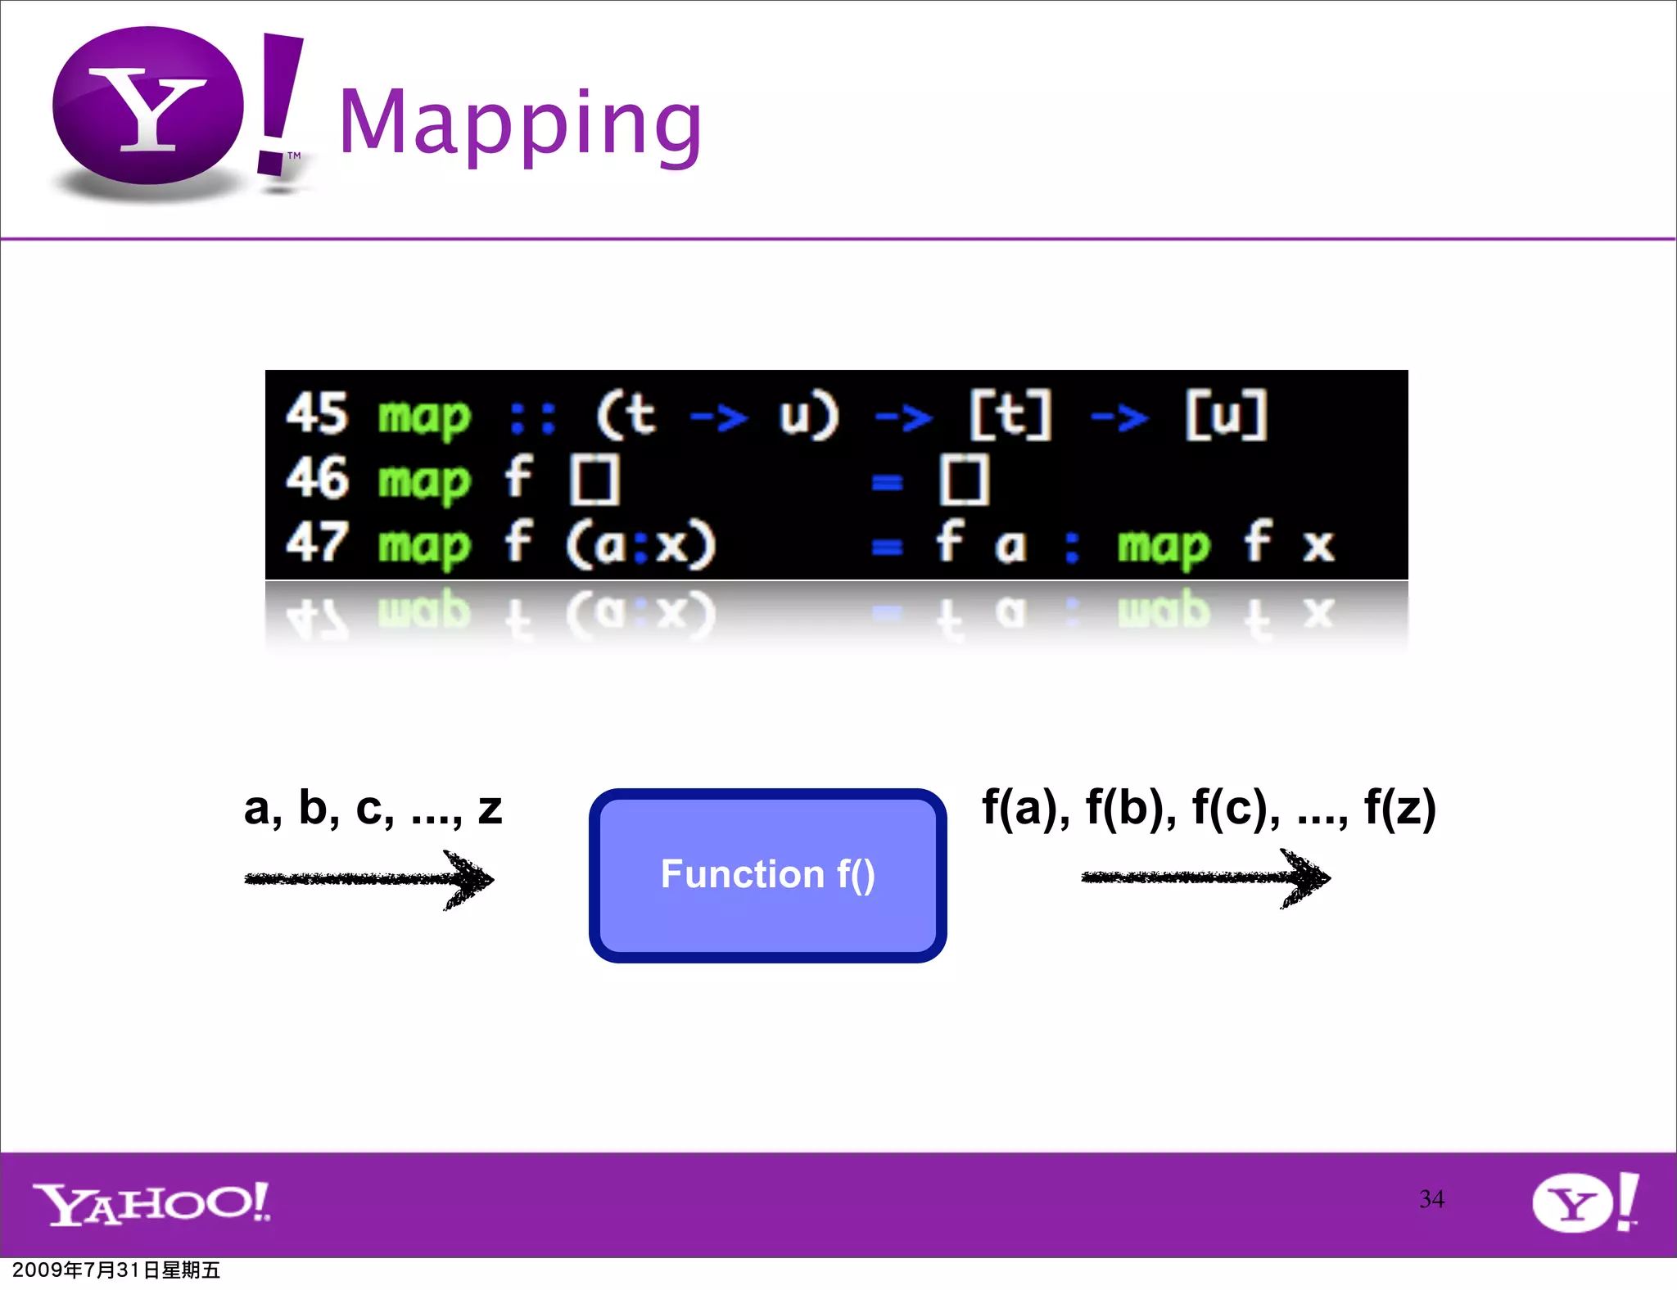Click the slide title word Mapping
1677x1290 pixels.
(x=520, y=123)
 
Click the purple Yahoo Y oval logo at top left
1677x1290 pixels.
(x=147, y=106)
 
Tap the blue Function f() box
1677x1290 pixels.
(x=767, y=875)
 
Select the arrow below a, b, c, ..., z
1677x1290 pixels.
(x=368, y=879)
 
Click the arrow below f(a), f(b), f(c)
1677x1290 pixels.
(x=1205, y=877)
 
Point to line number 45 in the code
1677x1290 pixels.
(x=317, y=413)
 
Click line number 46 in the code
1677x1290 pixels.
(x=317, y=478)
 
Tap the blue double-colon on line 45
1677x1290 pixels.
(x=532, y=417)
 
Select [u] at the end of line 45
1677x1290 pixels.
(x=1226, y=414)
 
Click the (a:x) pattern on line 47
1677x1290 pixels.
(x=640, y=544)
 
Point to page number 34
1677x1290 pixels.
(x=1431, y=1199)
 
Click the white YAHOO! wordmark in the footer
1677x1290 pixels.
(x=151, y=1203)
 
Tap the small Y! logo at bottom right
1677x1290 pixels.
(x=1584, y=1202)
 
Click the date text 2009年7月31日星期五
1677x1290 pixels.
(x=116, y=1270)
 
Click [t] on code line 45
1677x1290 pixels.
(x=1010, y=414)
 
